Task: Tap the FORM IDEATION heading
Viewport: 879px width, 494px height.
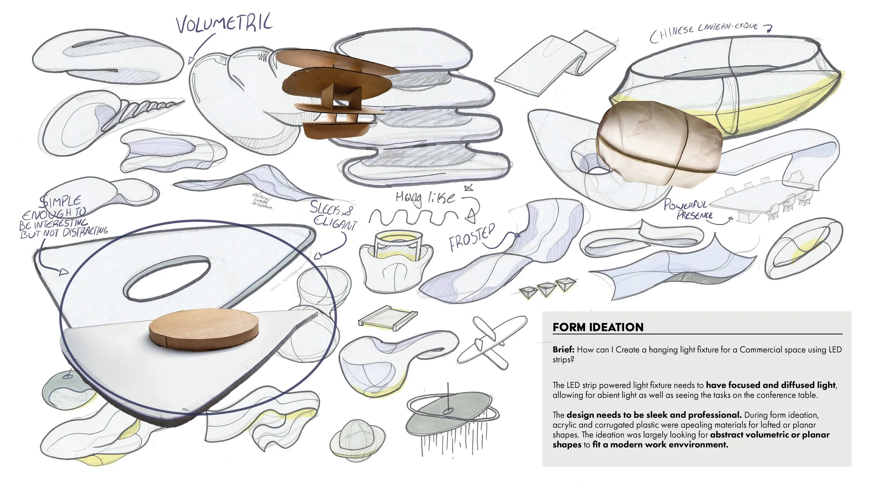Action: [598, 327]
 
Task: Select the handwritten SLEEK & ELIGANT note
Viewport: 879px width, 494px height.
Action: [333, 215]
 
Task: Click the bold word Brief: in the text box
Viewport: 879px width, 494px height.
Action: [564, 350]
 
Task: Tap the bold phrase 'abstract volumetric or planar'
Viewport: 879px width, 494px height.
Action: [769, 435]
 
